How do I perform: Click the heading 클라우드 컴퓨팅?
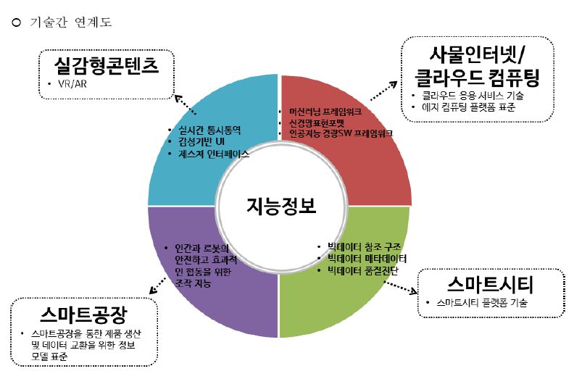pos(481,78)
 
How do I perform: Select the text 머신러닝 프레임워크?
pos(324,112)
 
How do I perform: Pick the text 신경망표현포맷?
pos(316,123)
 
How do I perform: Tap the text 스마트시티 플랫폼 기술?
pos(477,302)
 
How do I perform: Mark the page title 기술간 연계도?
pos(71,22)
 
